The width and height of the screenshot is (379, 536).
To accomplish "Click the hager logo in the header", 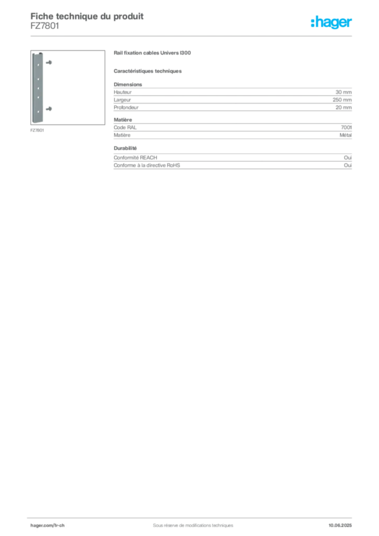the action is point(331,22).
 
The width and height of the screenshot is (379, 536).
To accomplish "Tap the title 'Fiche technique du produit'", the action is point(87,16).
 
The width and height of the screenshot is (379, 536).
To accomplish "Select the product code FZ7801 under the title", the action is point(45,26).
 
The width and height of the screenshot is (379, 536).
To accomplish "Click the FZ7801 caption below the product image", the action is point(37,130).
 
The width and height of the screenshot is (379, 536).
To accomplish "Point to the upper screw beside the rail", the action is point(49,63).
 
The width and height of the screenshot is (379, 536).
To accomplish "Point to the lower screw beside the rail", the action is point(49,109).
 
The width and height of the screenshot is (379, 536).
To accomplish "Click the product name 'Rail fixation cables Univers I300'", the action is point(152,53).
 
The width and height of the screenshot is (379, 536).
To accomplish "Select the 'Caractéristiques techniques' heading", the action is point(148,71).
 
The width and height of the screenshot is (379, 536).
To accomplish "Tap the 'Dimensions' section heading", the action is point(128,84).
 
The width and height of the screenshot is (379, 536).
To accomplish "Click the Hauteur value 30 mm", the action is point(343,92).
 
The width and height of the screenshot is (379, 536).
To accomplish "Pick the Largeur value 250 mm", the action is point(342,100).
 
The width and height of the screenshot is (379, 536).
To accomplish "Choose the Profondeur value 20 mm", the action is point(343,107).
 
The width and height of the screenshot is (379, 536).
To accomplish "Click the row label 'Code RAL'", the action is point(125,128).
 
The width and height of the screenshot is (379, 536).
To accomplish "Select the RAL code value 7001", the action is point(346,128).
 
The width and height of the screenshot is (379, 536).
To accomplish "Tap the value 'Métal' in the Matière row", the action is point(345,135).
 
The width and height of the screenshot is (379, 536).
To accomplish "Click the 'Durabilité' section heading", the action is point(125,148).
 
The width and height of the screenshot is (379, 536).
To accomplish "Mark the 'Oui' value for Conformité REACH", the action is point(348,158).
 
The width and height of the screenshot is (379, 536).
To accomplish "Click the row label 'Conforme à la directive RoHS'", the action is point(147,165).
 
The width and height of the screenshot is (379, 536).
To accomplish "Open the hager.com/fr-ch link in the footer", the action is point(48,526).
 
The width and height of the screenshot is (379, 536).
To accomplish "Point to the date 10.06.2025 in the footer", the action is point(340,526).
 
